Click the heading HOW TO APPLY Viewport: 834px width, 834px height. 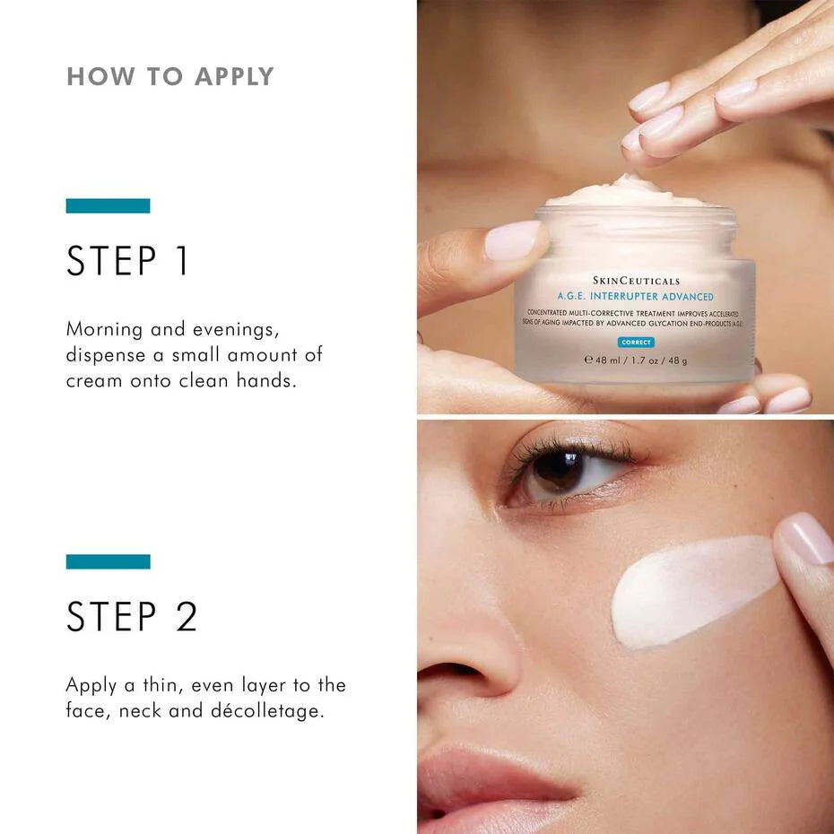[x=170, y=76]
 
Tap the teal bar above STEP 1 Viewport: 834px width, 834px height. [x=108, y=205]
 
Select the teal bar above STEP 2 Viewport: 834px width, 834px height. [x=108, y=561]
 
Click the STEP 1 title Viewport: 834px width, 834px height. [x=128, y=260]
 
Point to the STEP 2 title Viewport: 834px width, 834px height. [x=132, y=617]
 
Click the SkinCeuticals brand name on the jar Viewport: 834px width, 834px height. [x=636, y=281]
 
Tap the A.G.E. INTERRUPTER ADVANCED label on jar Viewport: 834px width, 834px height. [x=635, y=297]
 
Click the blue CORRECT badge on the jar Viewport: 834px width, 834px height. [x=636, y=343]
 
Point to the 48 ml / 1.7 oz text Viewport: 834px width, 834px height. [x=636, y=361]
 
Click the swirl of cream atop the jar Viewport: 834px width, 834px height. [x=628, y=190]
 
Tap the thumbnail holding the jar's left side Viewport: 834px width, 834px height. [x=512, y=240]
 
